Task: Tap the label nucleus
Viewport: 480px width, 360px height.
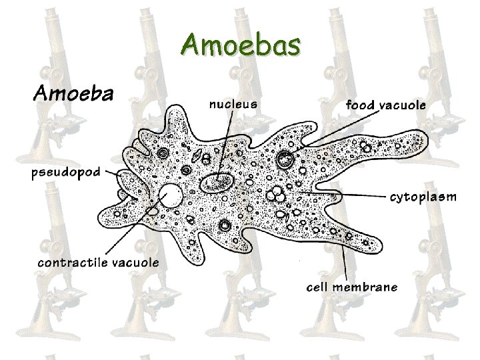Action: pyautogui.click(x=233, y=104)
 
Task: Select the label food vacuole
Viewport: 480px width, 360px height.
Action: pyautogui.click(x=386, y=105)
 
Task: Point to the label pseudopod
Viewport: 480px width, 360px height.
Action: pyautogui.click(x=66, y=173)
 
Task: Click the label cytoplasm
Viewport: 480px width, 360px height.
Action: pyautogui.click(x=423, y=197)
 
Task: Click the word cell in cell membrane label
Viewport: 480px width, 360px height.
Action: pyautogui.click(x=318, y=287)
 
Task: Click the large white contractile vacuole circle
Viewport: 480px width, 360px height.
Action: pyautogui.click(x=171, y=196)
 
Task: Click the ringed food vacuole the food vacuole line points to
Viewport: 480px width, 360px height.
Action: pyautogui.click(x=287, y=159)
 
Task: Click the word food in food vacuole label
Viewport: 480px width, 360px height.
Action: pyautogui.click(x=359, y=105)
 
